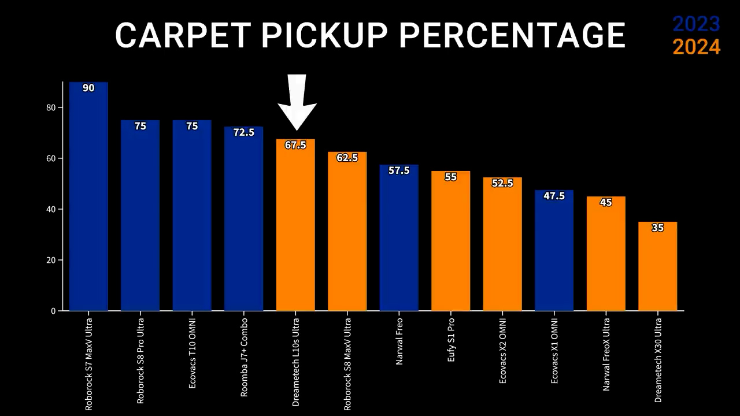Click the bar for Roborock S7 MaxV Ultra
[88, 196]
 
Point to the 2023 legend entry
[696, 24]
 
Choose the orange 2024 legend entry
[696, 47]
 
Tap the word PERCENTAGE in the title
[512, 35]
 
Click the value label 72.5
[243, 133]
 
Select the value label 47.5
[554, 196]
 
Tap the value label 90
[88, 88]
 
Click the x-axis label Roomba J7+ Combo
[244, 356]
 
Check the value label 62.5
[347, 158]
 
